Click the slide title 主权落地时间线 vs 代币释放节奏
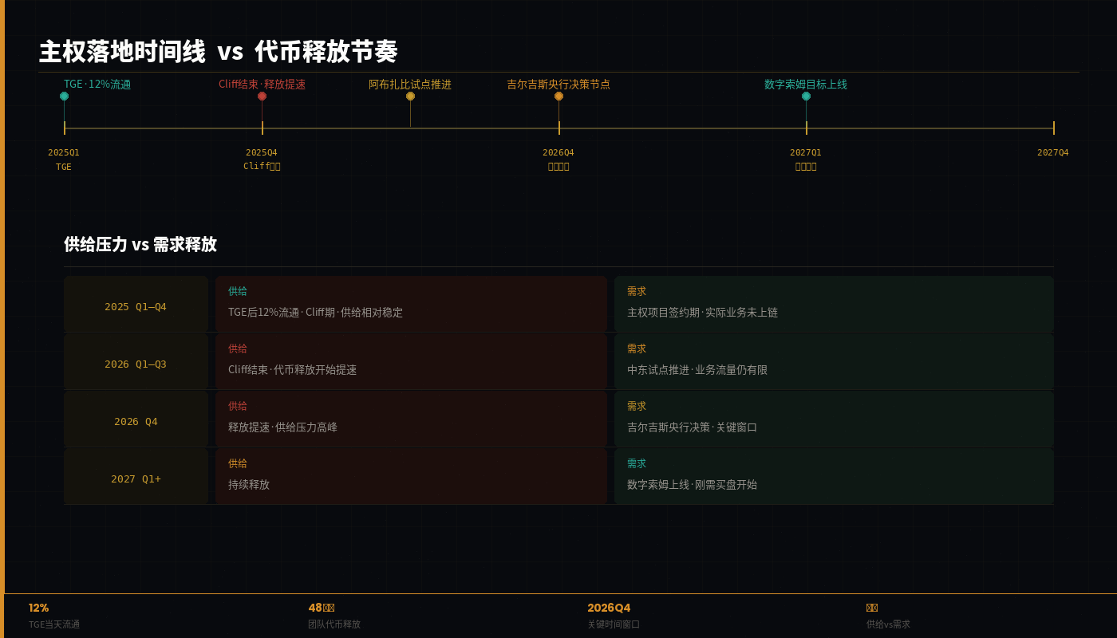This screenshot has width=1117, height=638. coord(218,52)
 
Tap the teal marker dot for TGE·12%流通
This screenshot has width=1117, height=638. coord(64,96)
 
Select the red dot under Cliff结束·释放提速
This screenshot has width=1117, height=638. coord(262,96)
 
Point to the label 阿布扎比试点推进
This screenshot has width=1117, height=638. coord(409,85)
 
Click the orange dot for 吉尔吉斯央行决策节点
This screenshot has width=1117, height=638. coord(558,96)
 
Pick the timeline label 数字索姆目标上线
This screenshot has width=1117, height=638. coord(805,85)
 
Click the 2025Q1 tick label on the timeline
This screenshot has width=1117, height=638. coord(64,152)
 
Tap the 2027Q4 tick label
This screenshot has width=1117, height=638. coord(1052,152)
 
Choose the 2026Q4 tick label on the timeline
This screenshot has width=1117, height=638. coord(558,152)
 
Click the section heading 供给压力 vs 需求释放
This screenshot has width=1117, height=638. coord(140,245)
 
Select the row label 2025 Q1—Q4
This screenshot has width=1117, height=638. coord(136,306)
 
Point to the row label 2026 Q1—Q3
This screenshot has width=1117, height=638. coord(136,364)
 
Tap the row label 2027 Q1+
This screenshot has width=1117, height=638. coord(136,478)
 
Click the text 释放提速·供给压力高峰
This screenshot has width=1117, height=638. coord(282,427)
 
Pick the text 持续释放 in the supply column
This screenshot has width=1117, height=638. coord(249,485)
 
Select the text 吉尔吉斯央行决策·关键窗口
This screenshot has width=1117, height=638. coord(692,427)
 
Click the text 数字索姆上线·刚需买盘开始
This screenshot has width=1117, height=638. coord(692,485)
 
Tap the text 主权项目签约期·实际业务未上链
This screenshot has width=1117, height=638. coord(702,313)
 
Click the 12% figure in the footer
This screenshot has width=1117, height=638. coord(38,608)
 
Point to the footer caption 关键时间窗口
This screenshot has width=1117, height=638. coord(614,624)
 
